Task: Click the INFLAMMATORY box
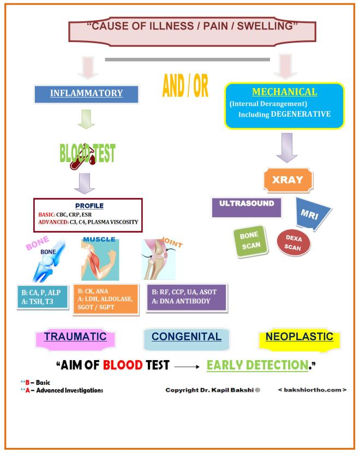(87, 93)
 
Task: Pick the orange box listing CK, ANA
(105, 300)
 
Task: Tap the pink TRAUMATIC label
(75, 337)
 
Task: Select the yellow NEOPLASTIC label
(299, 337)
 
